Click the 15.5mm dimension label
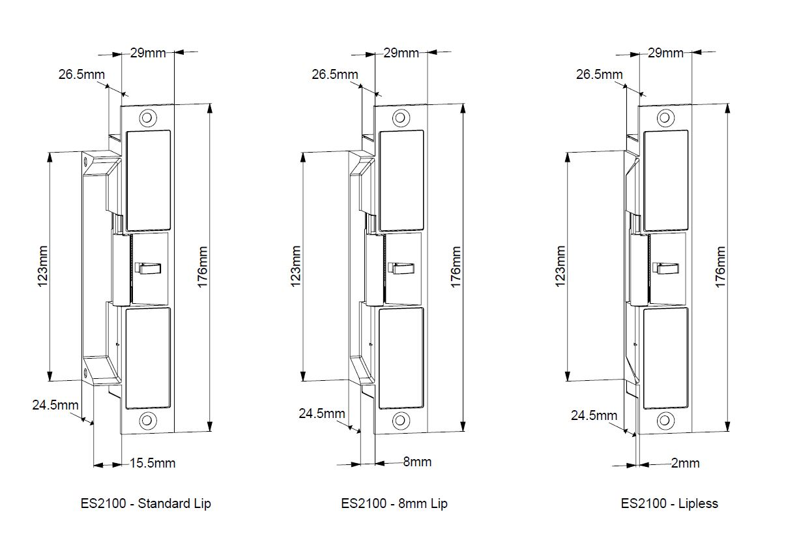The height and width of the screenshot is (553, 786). [x=153, y=463]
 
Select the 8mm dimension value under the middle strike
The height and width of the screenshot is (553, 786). [x=417, y=462]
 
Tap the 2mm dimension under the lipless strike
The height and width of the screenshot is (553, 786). [x=685, y=463]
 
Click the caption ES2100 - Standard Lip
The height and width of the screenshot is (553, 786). [x=145, y=503]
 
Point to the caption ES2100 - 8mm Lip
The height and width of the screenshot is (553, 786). [x=394, y=503]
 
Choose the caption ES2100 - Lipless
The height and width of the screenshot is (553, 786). [x=669, y=503]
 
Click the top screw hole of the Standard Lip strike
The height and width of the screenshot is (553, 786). [x=148, y=117]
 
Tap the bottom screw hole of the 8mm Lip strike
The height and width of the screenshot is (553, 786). [x=401, y=420]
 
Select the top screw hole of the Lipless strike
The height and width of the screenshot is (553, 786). [x=665, y=117]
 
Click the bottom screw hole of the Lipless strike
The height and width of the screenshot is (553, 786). [x=665, y=420]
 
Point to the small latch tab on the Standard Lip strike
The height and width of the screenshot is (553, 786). [x=148, y=268]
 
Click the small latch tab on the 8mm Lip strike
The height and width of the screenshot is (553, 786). [x=401, y=268]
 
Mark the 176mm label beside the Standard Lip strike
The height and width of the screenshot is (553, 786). [x=203, y=267]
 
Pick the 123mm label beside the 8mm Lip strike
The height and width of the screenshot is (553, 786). [x=296, y=266]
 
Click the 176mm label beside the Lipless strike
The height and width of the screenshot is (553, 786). [x=720, y=267]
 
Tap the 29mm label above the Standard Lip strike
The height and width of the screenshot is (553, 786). [x=148, y=53]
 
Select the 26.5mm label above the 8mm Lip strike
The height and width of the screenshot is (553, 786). [x=335, y=74]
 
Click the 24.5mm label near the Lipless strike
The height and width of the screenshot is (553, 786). [x=594, y=415]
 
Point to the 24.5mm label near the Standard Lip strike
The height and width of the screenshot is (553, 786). [x=55, y=405]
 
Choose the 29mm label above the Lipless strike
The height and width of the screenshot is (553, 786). [x=665, y=53]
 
